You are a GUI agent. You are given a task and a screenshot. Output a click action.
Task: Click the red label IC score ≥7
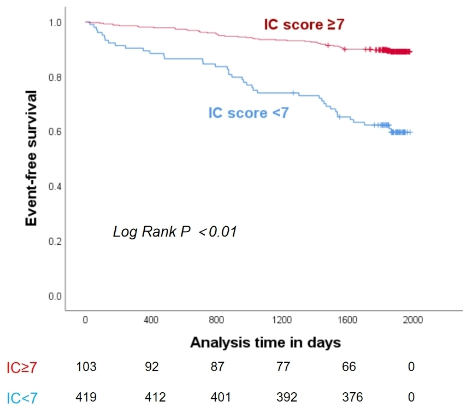[304, 25]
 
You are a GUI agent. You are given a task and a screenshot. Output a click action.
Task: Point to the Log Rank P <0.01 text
[174, 232]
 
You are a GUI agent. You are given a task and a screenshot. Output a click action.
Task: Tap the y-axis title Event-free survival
[32, 158]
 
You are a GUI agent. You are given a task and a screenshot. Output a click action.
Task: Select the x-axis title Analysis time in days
[265, 343]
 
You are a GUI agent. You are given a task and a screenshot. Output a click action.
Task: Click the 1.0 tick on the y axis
[56, 22]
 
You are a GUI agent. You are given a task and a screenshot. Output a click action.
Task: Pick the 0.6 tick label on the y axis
[56, 132]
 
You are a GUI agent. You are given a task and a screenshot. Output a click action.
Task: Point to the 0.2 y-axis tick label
[56, 241]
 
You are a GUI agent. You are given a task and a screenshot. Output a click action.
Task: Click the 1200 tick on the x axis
[282, 320]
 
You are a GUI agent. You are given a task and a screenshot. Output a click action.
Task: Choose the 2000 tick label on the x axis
[413, 320]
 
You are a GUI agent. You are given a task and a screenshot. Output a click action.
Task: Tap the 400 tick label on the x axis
[151, 320]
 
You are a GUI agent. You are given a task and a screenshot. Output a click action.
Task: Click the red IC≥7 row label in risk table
[22, 368]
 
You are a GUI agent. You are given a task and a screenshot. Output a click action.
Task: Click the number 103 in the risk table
[86, 367]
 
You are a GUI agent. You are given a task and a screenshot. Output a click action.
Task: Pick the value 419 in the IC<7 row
[86, 397]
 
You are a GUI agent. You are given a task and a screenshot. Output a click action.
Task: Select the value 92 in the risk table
[152, 367]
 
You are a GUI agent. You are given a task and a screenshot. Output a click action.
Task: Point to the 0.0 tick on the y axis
[56, 297]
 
